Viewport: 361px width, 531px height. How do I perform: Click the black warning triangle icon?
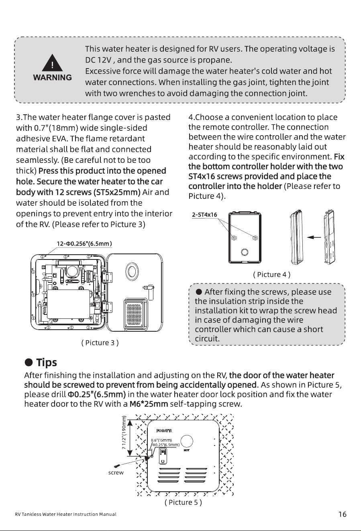click(52, 63)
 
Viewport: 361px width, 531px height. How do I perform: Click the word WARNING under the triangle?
click(53, 77)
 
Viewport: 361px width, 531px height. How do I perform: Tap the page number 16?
click(342, 514)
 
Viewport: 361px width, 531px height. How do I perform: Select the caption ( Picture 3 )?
click(100, 343)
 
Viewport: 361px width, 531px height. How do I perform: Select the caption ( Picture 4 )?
click(271, 274)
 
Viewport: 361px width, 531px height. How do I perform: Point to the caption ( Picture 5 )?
click(183, 502)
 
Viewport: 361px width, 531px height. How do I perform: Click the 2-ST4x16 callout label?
click(204, 215)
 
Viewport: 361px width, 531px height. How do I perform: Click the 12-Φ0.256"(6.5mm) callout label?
click(84, 244)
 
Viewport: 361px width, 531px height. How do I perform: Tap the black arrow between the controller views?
click(314, 237)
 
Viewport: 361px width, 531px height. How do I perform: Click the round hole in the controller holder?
click(245, 252)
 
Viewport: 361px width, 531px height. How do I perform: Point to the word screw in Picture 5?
click(116, 472)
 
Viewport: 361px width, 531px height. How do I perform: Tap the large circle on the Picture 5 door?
click(187, 441)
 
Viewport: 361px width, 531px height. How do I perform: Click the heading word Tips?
click(47, 363)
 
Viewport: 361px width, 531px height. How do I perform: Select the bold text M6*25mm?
click(149, 404)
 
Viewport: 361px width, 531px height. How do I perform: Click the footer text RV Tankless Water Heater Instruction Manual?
click(65, 514)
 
